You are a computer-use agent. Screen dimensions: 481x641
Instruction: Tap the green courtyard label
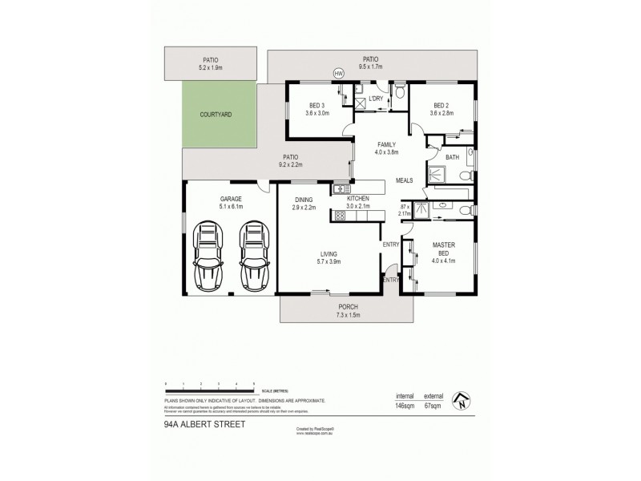(x=215, y=115)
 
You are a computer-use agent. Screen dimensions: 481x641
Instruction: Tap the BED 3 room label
(x=316, y=109)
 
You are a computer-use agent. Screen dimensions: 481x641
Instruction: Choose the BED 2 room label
(x=441, y=109)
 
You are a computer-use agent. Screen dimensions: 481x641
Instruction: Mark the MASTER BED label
(x=443, y=252)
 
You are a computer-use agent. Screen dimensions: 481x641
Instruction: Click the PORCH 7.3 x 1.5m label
(x=348, y=311)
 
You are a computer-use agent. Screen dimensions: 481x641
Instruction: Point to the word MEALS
(x=405, y=180)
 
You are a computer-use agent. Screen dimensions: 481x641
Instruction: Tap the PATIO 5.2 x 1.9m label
(x=210, y=63)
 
